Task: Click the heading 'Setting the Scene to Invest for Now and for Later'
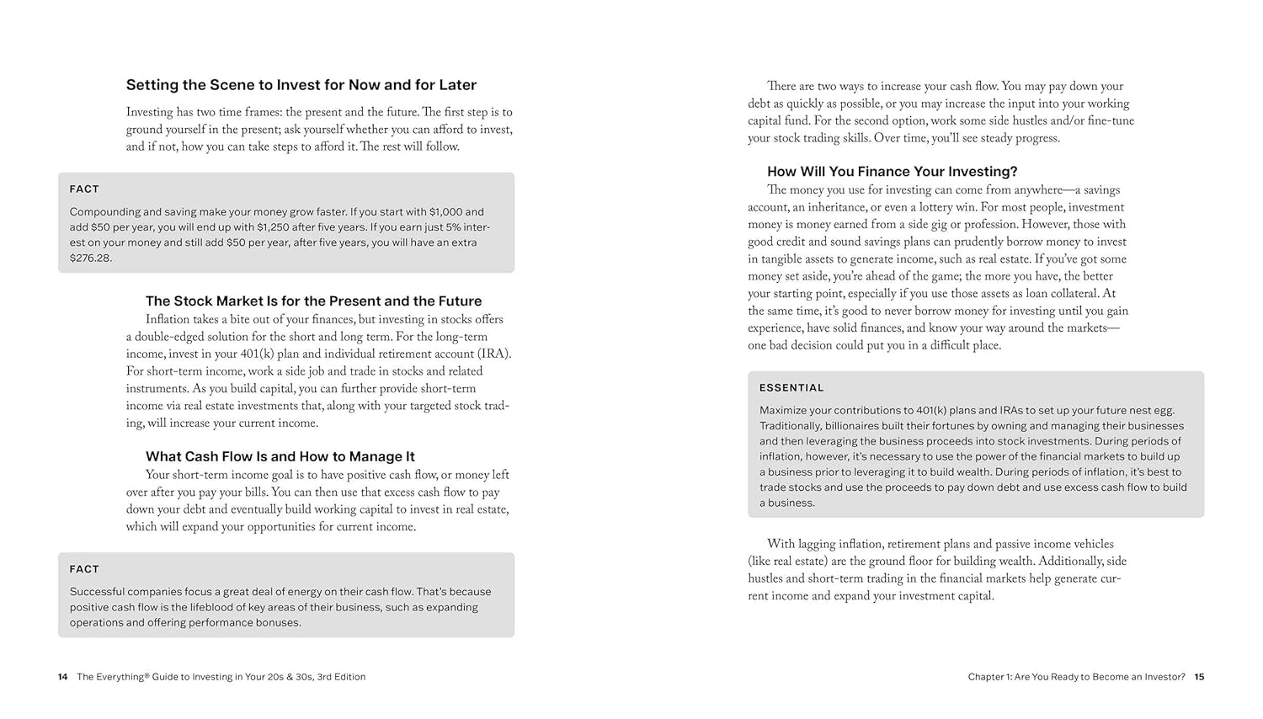pyautogui.click(x=301, y=85)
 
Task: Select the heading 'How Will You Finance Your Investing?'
pyautogui.click(x=892, y=172)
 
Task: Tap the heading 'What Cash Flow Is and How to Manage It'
pyautogui.click(x=280, y=456)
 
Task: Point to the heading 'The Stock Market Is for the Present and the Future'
pyautogui.click(x=313, y=301)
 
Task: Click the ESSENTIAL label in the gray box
pyautogui.click(x=791, y=388)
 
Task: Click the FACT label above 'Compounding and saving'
pyautogui.click(x=84, y=189)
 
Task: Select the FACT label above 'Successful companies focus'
pyautogui.click(x=84, y=569)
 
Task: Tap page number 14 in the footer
pyautogui.click(x=62, y=677)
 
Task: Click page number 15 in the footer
pyautogui.click(x=1199, y=677)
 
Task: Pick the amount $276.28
pyautogui.click(x=91, y=258)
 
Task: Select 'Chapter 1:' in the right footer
pyautogui.click(x=989, y=677)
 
